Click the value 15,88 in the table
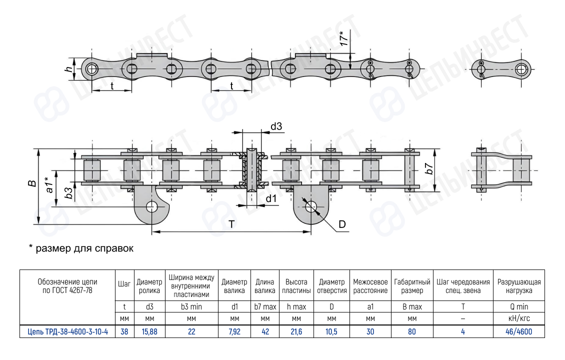pyautogui.click(x=149, y=331)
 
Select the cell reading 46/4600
pyautogui.click(x=518, y=331)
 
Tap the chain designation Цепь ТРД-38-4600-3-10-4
pyautogui.click(x=67, y=331)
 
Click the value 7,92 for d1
pyautogui.click(x=234, y=331)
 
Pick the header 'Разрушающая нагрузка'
pyautogui.click(x=519, y=286)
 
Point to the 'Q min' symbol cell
pyautogui.click(x=519, y=306)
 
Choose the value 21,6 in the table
pyautogui.click(x=296, y=331)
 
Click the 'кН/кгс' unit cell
pyautogui.click(x=519, y=318)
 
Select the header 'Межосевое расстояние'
pyautogui.click(x=370, y=286)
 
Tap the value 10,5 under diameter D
pyautogui.click(x=331, y=331)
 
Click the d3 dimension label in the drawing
pyautogui.click(x=276, y=126)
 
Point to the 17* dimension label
pyautogui.click(x=344, y=38)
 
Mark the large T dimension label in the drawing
pyautogui.click(x=231, y=224)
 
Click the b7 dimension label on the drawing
pyautogui.click(x=429, y=168)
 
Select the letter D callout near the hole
pyautogui.click(x=342, y=224)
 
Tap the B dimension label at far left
pyautogui.click(x=32, y=183)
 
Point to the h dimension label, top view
pyautogui.click(x=68, y=68)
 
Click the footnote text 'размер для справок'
pyautogui.click(x=84, y=248)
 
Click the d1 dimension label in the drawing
pyautogui.click(x=271, y=198)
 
